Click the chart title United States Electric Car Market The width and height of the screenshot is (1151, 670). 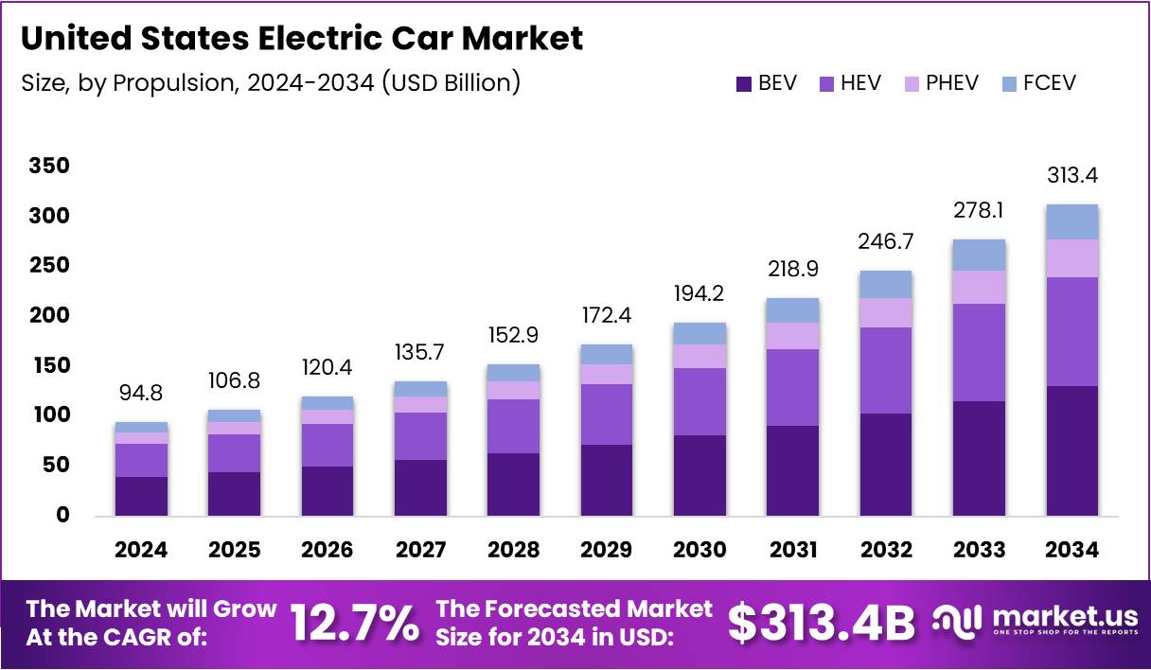(x=301, y=39)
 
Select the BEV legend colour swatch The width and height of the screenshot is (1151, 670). (x=744, y=83)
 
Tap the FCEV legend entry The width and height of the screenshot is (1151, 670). (x=1038, y=83)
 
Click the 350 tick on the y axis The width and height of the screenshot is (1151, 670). (x=48, y=167)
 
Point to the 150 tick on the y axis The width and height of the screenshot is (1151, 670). (x=48, y=365)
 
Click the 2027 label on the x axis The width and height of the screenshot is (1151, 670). (x=419, y=550)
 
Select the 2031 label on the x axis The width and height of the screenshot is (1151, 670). (x=792, y=550)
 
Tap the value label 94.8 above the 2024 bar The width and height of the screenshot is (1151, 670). (x=141, y=393)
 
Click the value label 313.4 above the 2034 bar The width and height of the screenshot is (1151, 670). (x=1072, y=175)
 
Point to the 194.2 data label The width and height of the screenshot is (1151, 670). (x=699, y=293)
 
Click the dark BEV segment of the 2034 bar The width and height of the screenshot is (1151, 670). (x=1072, y=450)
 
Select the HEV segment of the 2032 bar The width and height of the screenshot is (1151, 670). (x=886, y=370)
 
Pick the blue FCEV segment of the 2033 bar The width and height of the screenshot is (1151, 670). (x=979, y=255)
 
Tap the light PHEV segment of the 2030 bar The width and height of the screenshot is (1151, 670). (x=699, y=356)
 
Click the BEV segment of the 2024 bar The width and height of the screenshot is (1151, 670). (x=141, y=496)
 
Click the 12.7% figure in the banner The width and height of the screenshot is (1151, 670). (x=353, y=623)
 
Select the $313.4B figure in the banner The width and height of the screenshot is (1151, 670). (x=821, y=623)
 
